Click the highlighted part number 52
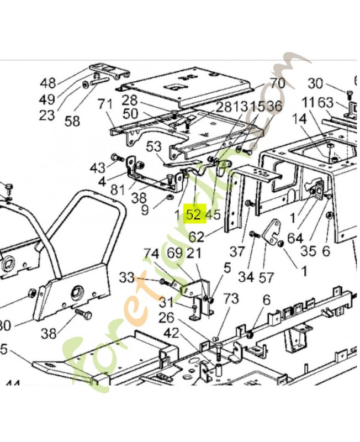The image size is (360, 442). pos(193,214)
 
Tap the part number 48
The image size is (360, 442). pos(48,83)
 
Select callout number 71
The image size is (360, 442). pos(104,104)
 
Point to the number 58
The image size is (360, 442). pos(72,121)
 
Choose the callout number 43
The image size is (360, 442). pos(97,167)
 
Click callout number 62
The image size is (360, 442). pos(197,237)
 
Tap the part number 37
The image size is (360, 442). pos(237,251)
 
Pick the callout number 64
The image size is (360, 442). pos(295,238)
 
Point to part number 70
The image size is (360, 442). pos(277,84)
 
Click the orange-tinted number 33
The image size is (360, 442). pos(127,278)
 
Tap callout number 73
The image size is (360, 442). pos(231,299)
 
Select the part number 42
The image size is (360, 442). pos(171,333)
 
